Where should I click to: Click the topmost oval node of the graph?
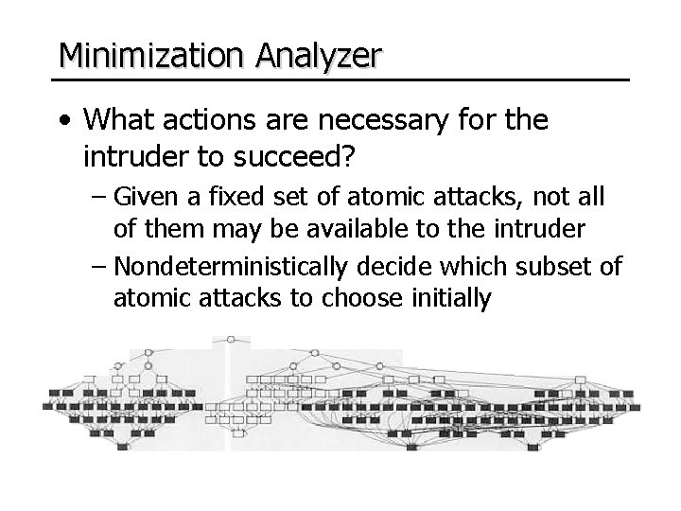point(231,339)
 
